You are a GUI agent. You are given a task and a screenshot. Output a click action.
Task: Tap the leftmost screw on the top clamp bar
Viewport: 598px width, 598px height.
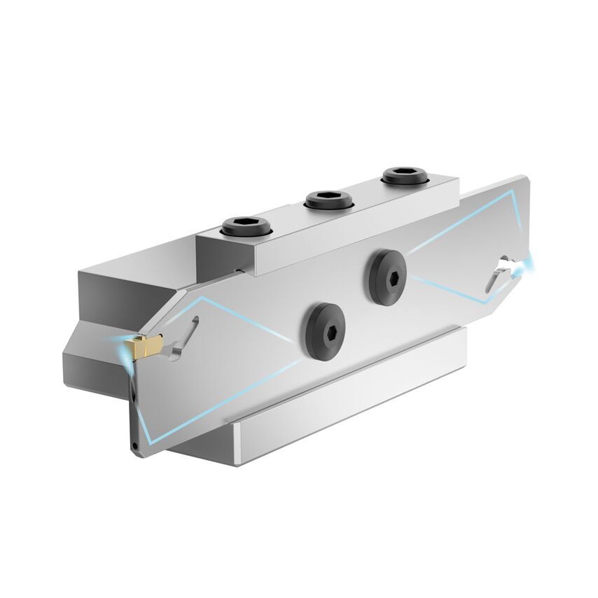coord(246,226)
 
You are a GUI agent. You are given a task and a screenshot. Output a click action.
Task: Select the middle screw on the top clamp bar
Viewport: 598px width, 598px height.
coord(328,200)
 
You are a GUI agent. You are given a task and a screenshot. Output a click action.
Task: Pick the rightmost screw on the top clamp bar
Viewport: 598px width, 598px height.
coord(405,175)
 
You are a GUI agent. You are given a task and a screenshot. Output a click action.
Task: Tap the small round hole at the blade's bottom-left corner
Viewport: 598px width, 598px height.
coord(133,444)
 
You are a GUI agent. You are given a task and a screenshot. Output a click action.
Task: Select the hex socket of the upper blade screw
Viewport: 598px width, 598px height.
coord(389,277)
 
